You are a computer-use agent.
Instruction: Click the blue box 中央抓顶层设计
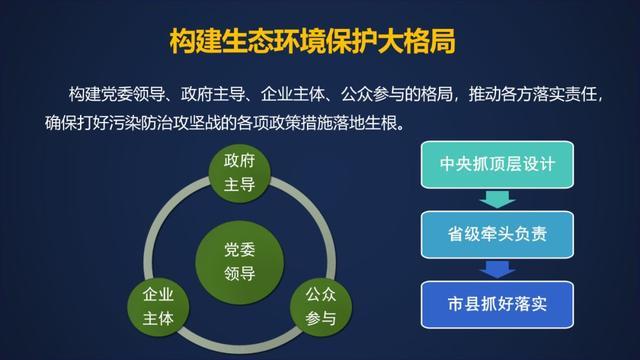496,166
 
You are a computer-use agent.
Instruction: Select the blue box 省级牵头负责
496,235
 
